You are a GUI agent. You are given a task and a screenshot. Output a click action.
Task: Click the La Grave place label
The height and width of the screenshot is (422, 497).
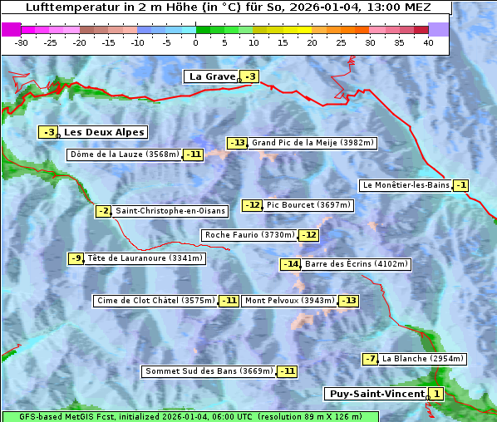212,76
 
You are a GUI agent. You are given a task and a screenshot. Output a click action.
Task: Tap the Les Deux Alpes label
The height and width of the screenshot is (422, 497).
104,132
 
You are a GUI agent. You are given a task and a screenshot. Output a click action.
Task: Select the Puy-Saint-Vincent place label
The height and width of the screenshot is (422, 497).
377,394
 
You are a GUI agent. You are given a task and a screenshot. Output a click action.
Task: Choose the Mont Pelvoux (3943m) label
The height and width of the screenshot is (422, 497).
290,301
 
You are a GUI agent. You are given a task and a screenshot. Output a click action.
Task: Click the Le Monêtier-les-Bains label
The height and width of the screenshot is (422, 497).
405,185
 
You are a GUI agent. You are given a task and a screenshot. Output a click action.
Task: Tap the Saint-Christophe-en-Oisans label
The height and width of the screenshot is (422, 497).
170,211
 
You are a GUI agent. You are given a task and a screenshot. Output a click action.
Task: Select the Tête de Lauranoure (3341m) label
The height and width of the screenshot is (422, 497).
145,258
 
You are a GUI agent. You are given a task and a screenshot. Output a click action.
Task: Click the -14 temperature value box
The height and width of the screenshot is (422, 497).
290,264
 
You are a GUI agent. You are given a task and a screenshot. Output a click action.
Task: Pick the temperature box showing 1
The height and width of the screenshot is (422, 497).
437,394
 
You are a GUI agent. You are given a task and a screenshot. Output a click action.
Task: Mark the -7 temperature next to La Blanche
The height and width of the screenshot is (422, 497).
371,359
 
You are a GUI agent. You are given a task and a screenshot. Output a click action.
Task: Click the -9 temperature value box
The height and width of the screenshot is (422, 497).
76,258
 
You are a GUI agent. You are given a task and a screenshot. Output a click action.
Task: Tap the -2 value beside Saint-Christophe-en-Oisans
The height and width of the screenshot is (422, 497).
104,211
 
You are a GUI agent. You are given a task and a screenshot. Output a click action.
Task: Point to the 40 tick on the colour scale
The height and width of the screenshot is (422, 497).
428,42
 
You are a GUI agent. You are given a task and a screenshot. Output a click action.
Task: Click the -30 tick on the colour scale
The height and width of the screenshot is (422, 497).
22,42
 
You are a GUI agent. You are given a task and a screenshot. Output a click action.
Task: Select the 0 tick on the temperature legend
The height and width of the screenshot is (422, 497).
195,42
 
